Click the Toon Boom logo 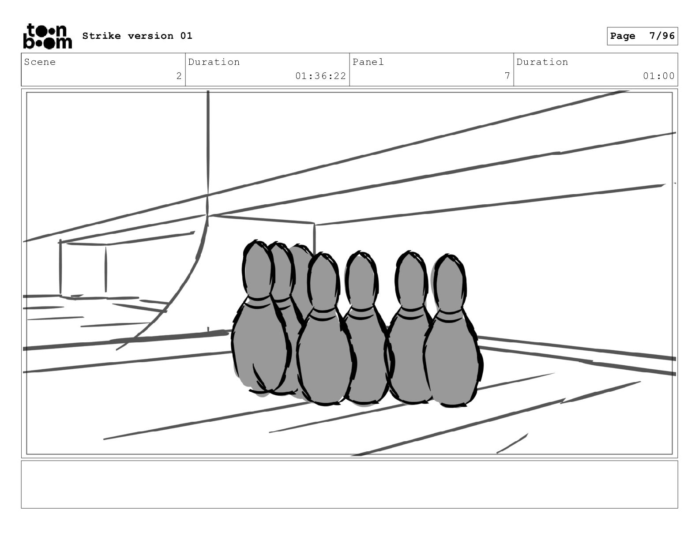click(x=48, y=36)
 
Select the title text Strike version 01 click(x=137, y=36)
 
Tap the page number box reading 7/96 click(x=642, y=36)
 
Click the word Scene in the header click(x=40, y=62)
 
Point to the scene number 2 click(x=179, y=76)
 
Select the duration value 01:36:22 click(x=320, y=76)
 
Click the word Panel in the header click(x=368, y=62)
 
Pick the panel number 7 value click(x=507, y=76)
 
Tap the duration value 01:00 click(x=658, y=76)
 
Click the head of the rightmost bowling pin click(x=449, y=283)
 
